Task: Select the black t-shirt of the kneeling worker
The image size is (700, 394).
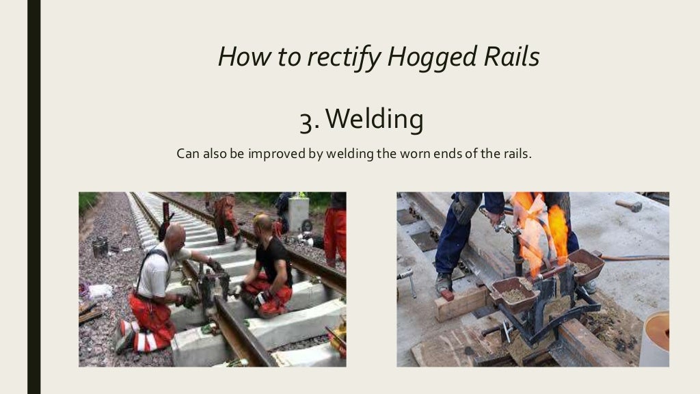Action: (x=273, y=261)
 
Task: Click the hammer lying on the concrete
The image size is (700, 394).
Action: (x=628, y=205)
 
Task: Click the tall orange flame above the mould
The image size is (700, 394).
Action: (x=558, y=229)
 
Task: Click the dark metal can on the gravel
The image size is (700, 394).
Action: (x=100, y=246)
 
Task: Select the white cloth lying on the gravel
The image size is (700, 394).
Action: (x=100, y=291)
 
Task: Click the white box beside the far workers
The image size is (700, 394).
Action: (x=298, y=213)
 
